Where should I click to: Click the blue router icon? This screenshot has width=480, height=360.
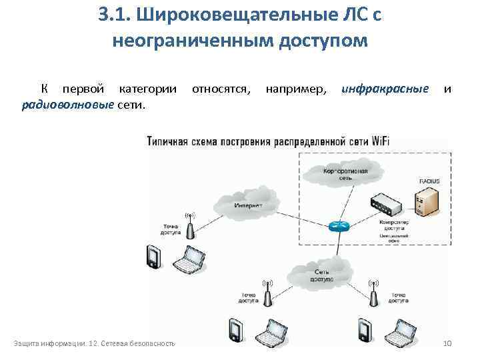[x=339, y=225]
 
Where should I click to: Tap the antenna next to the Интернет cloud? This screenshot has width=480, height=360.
[x=190, y=227]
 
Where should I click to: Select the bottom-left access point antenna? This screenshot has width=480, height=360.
[x=267, y=293]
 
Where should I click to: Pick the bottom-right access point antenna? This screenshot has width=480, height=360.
[x=373, y=293]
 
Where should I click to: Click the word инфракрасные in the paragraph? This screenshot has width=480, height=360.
[x=385, y=89]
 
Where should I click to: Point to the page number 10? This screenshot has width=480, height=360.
[x=447, y=343]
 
